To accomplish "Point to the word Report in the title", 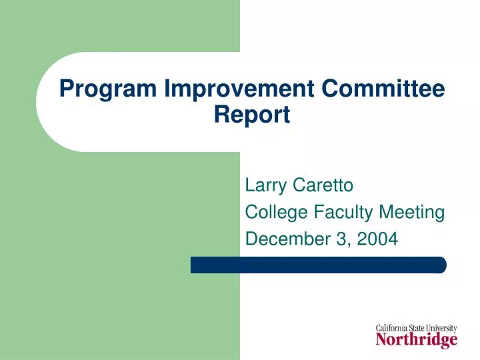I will (252, 115).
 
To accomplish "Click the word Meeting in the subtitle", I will (412, 213).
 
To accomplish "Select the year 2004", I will (379, 238).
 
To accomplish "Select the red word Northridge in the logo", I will (417, 341).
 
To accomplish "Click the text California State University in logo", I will (417, 328).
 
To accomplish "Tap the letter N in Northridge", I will (382, 340).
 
